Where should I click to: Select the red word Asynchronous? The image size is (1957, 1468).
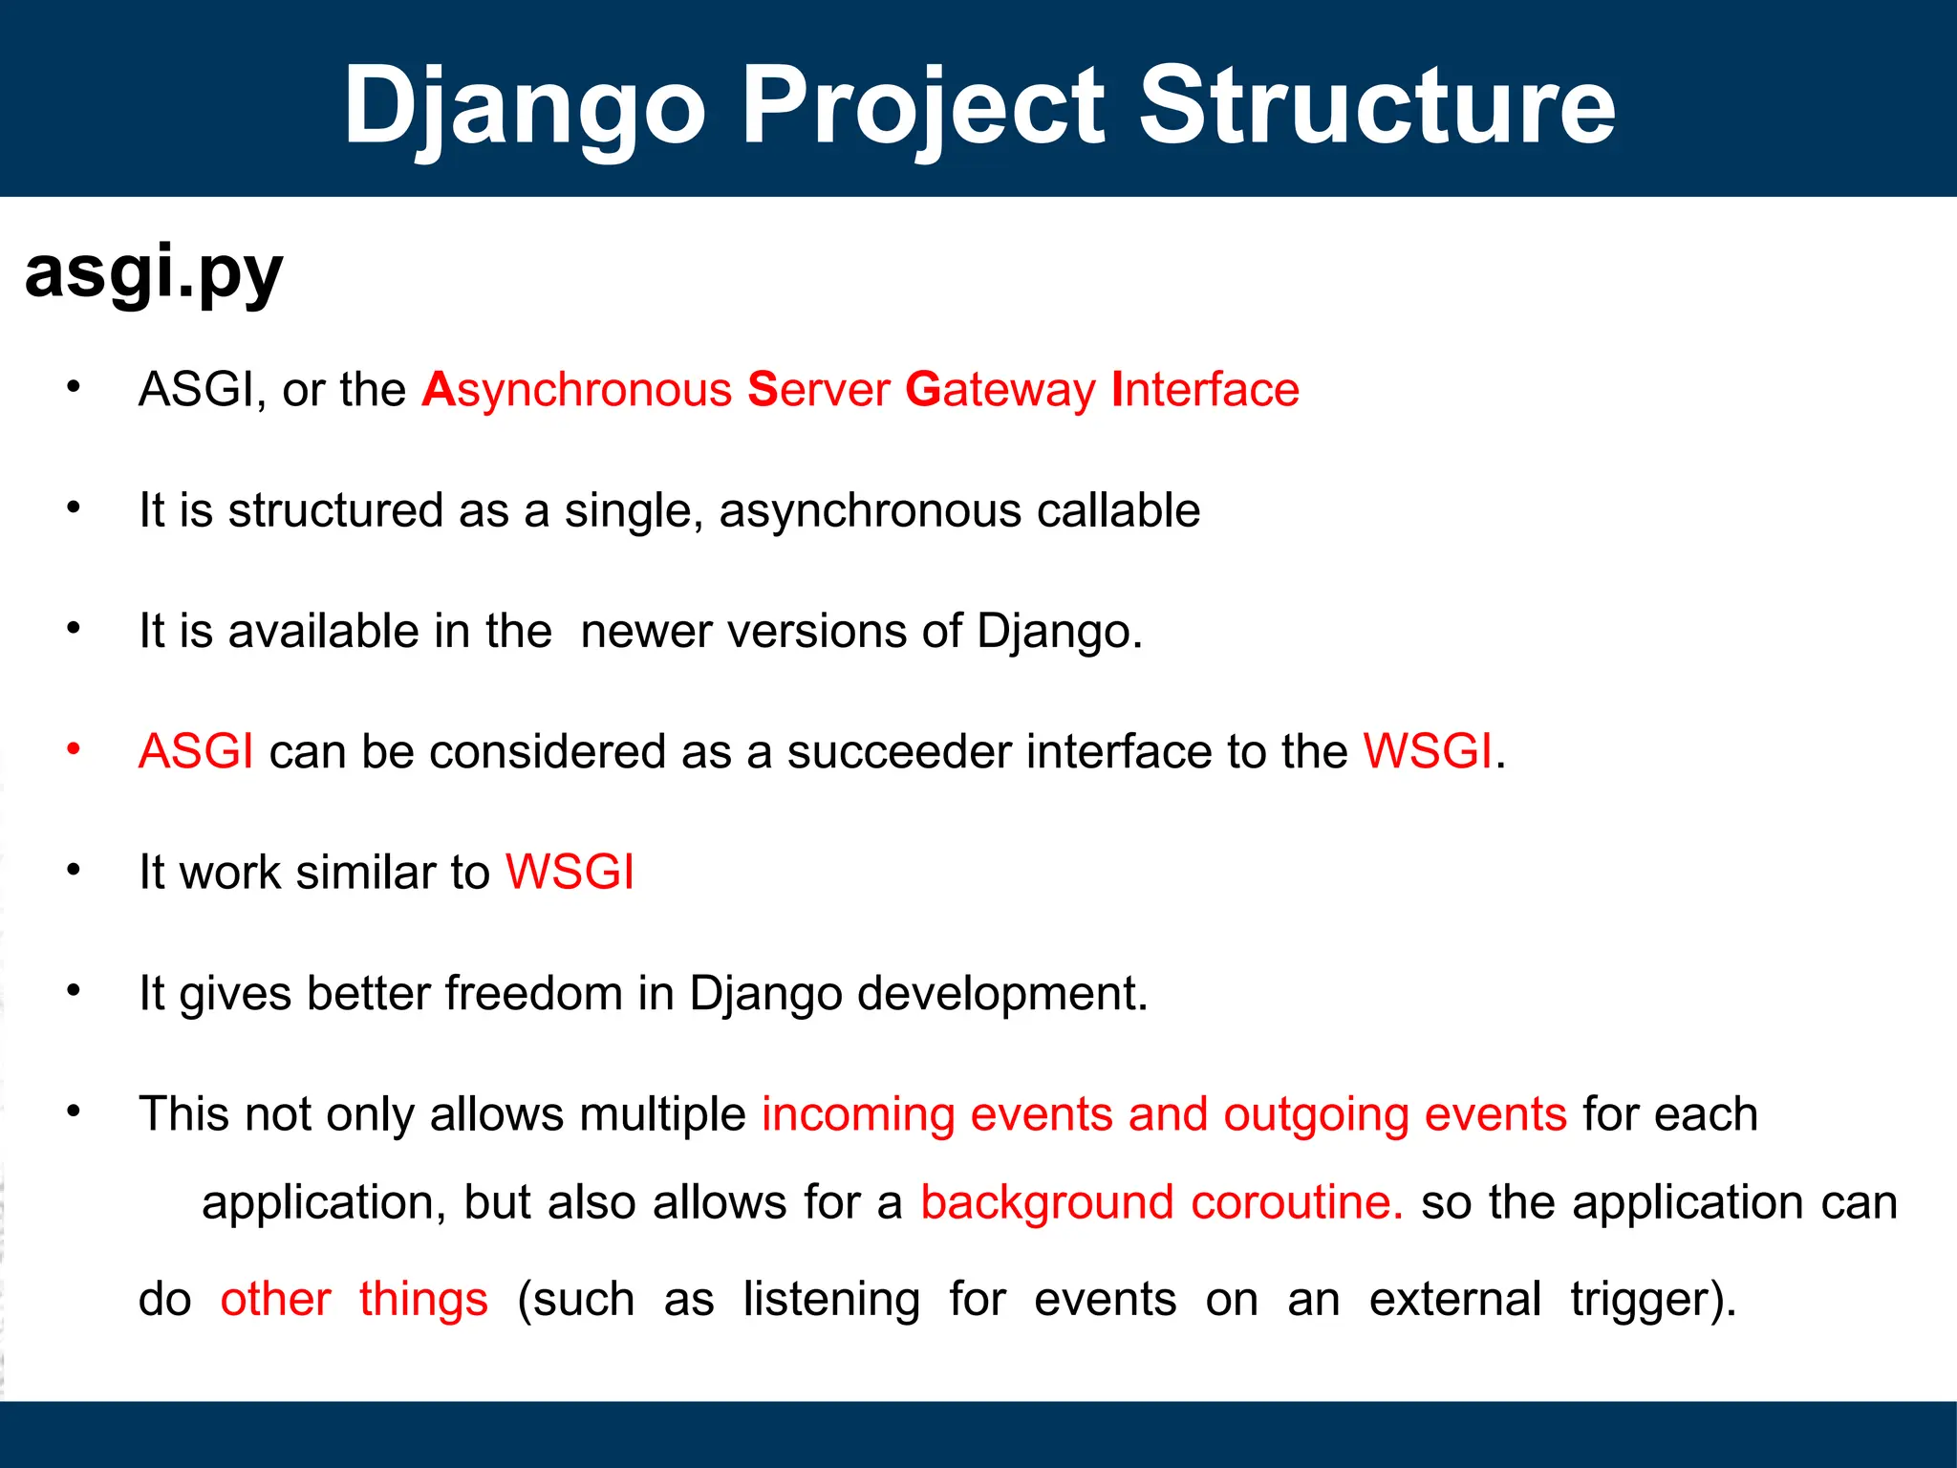coord(577,391)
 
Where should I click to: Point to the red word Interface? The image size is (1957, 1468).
coord(1206,389)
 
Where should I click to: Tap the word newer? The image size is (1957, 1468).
coord(646,633)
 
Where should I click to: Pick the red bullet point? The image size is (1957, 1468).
coord(74,750)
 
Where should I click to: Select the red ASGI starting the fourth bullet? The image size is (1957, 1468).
coord(196,751)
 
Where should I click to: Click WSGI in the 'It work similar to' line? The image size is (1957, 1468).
coord(570,872)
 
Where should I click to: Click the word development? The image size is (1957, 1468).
coord(1002,995)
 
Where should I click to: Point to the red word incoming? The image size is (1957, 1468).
coord(858,1116)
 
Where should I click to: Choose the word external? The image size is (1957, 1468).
coord(1455,1300)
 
